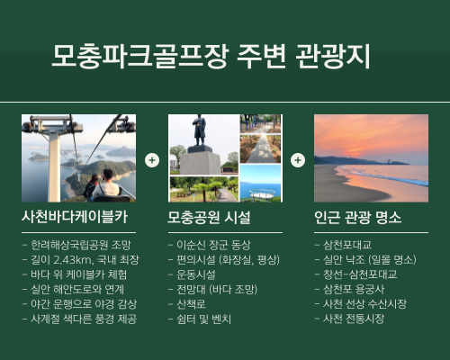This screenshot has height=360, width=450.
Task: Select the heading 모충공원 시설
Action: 209,218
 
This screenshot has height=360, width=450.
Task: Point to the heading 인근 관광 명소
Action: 357,218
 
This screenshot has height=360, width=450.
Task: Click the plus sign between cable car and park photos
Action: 151,159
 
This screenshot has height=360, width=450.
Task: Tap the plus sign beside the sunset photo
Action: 297,159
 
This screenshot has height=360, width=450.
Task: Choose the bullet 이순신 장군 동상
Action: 206,244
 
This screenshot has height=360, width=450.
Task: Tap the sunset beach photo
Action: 372,157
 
